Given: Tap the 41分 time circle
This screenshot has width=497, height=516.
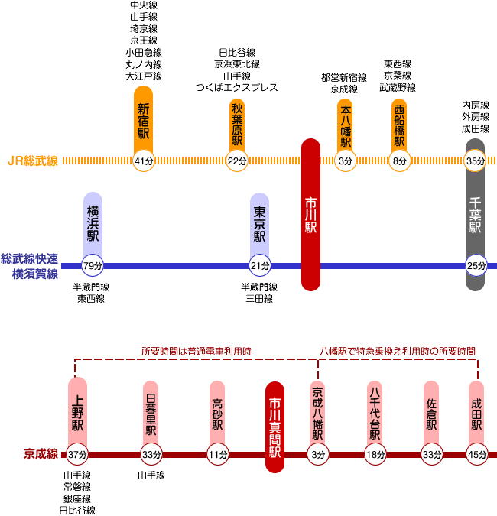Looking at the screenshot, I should tap(144, 161).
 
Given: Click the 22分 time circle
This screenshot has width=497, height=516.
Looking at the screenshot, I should tap(238, 161).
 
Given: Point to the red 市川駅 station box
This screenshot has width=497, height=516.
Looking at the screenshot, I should tap(310, 215).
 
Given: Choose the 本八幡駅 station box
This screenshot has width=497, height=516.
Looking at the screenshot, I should tap(345, 122).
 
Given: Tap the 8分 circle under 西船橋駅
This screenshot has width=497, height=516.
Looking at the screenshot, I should tap(399, 161).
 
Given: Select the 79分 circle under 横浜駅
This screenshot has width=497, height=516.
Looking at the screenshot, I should tap(93, 266).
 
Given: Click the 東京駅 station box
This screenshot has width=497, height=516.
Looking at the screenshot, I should tap(260, 220).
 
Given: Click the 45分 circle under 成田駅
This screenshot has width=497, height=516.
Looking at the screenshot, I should tap(477, 455).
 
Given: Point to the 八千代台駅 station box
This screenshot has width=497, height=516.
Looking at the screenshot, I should tap(374, 413).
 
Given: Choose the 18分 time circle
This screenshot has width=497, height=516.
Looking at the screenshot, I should tap(374, 455).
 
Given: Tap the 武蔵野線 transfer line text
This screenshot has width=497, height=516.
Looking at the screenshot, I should tap(398, 88).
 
